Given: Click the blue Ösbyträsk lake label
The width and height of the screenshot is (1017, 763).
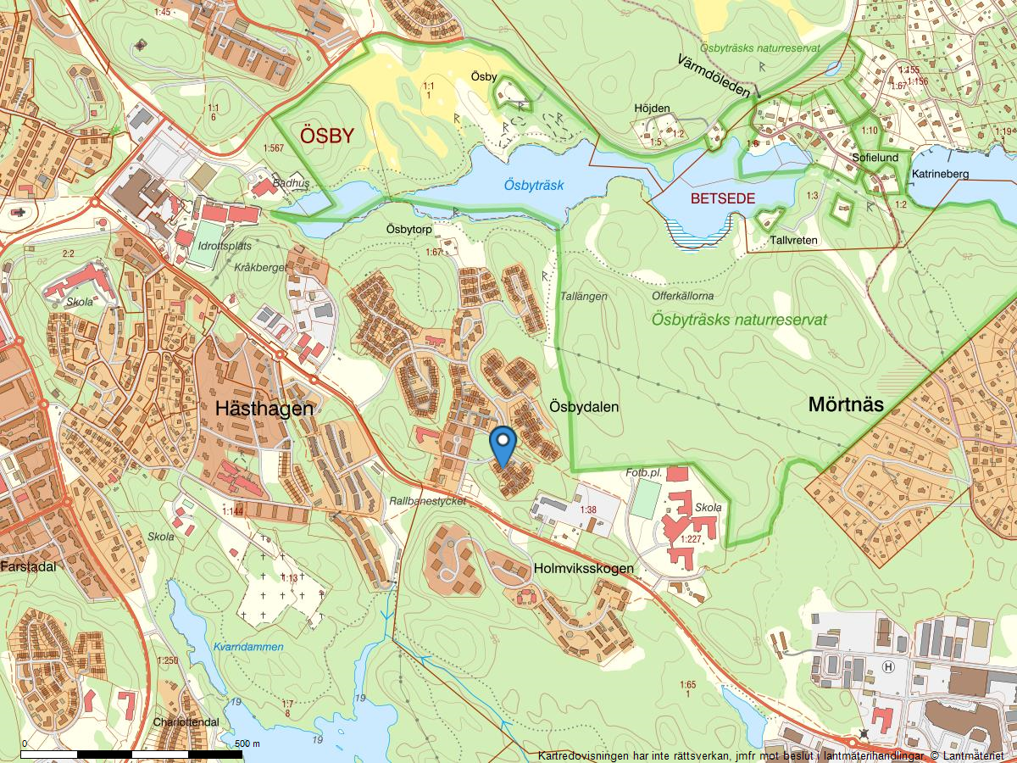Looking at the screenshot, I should [x=533, y=184].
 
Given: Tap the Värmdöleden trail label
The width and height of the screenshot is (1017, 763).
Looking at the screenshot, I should [x=714, y=75].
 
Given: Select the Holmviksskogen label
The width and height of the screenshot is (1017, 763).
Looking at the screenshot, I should [x=583, y=568].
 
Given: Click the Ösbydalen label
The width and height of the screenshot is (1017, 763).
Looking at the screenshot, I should [x=584, y=407].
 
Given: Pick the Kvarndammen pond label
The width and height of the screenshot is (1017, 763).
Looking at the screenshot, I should [x=248, y=647].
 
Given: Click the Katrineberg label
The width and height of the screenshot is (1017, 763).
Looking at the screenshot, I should [x=940, y=174].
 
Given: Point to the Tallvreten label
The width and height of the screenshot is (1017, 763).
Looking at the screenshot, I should [x=794, y=240].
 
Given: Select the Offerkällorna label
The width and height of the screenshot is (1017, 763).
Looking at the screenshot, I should [x=683, y=296].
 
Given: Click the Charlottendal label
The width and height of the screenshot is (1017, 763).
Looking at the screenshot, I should [x=186, y=722].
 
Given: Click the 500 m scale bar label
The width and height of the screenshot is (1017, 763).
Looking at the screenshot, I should [x=247, y=744].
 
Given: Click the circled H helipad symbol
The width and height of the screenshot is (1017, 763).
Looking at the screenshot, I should [x=888, y=666].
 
